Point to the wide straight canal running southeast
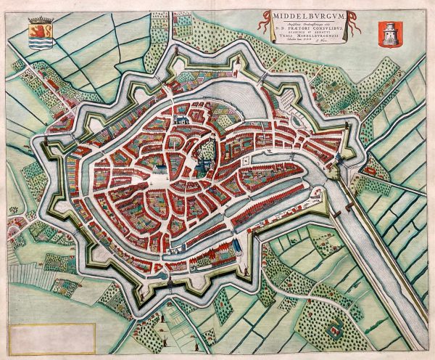pyautogui.click(x=370, y=254)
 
